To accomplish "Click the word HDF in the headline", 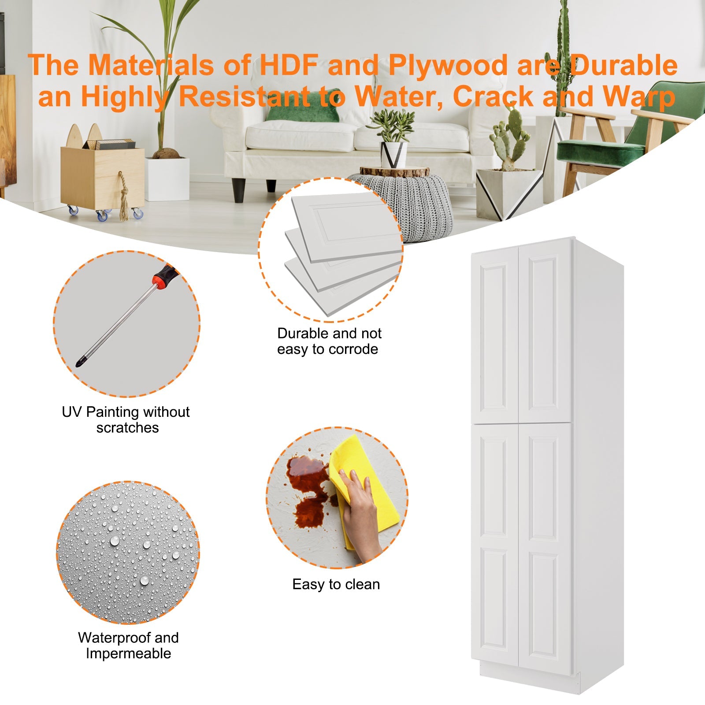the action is click(x=289, y=65).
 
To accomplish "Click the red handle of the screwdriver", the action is click(x=164, y=277).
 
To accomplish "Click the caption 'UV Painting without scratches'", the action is click(x=126, y=419).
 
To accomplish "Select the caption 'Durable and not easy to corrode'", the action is click(x=329, y=341).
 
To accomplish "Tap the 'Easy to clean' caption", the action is click(x=336, y=584).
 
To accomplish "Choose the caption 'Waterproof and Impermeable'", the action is click(x=128, y=646).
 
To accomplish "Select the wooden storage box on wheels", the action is click(x=102, y=176).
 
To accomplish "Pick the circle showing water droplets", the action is click(x=128, y=553).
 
